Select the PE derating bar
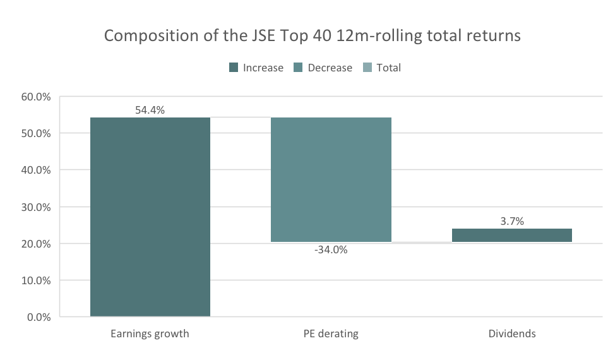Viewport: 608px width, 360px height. coord(331,179)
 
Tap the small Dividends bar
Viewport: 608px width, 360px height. coord(511,235)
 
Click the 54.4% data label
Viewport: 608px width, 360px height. coord(150,110)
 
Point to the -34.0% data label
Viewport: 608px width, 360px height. coord(331,249)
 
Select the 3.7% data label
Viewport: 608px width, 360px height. coord(511,221)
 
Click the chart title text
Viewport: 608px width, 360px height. coord(312,35)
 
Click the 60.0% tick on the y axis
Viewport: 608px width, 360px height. coord(36,97)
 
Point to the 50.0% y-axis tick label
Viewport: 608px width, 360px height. coord(36,134)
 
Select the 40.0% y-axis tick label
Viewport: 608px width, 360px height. coord(36,171)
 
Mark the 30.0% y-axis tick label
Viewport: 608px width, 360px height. coord(36,207)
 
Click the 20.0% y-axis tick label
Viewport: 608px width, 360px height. coord(36,244)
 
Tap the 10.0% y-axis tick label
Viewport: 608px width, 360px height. coord(36,280)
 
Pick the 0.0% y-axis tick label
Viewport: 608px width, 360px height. coord(39,317)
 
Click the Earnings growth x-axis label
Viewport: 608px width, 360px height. coord(150,333)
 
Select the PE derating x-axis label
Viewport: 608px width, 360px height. coord(331,333)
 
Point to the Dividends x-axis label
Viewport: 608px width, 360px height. coord(511,333)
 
